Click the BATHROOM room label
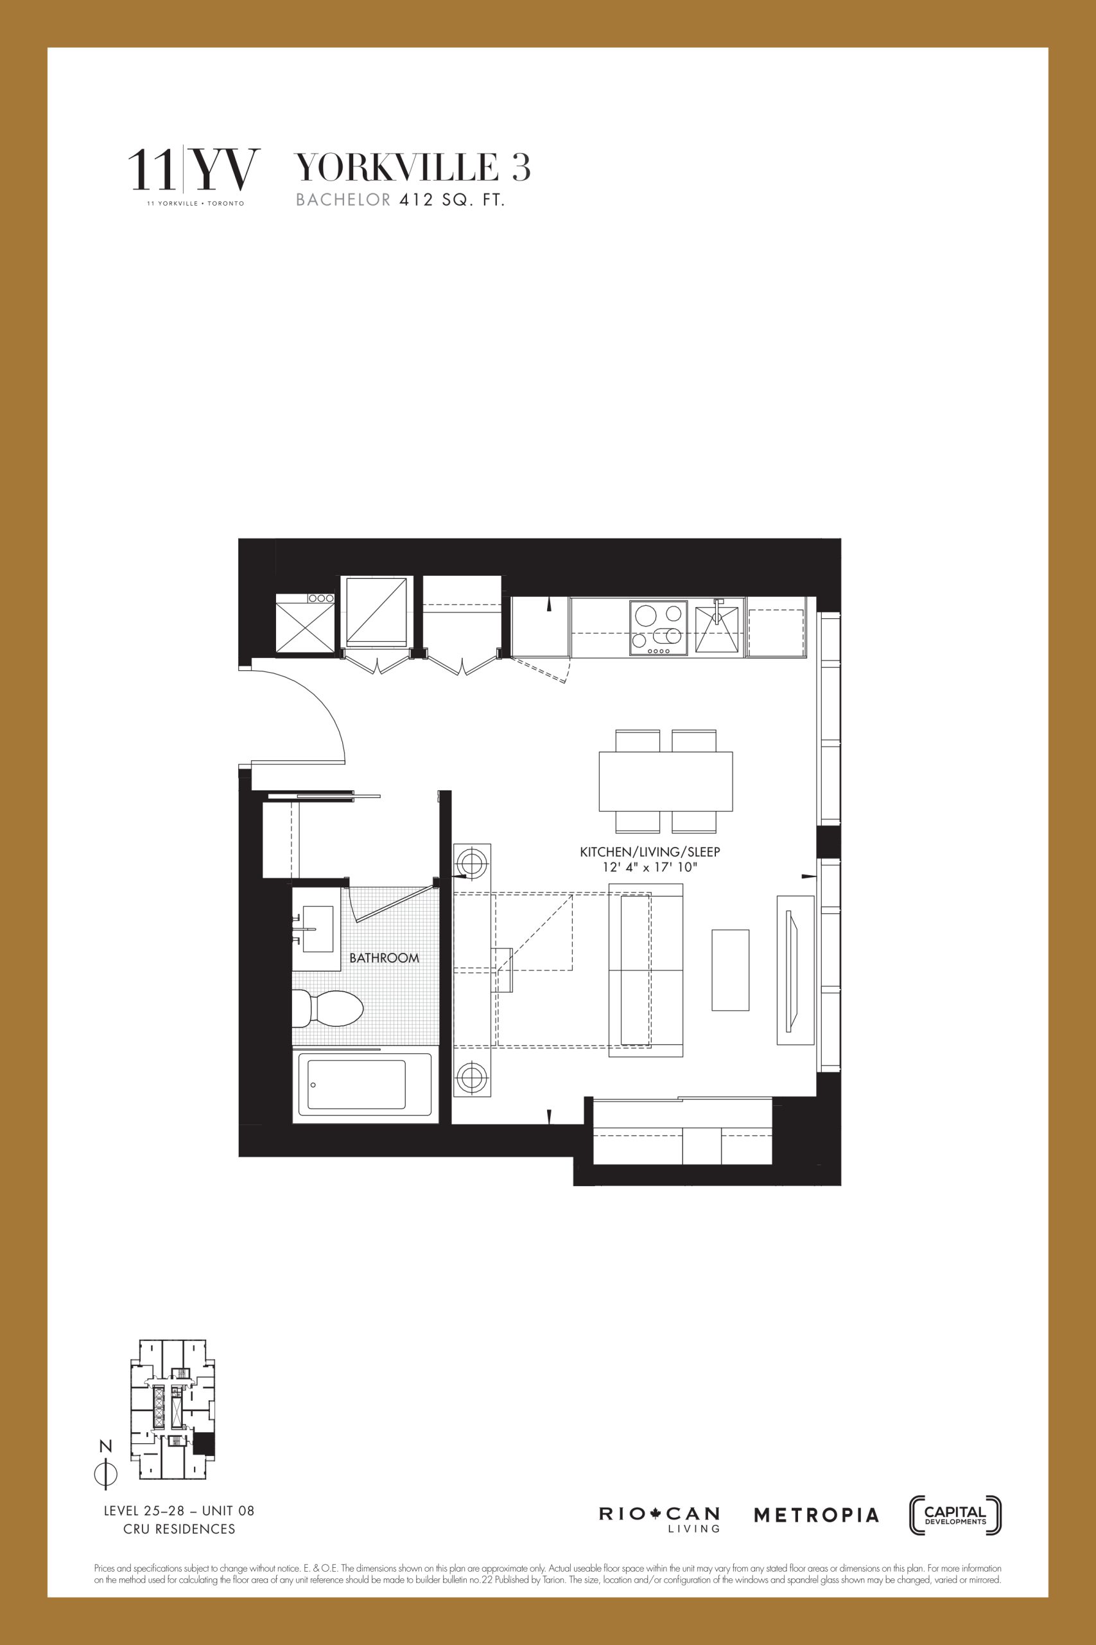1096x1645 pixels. click(x=384, y=957)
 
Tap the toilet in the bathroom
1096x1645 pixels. click(x=329, y=1009)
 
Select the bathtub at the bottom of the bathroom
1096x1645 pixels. click(x=365, y=1085)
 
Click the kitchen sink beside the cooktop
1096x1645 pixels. click(x=717, y=629)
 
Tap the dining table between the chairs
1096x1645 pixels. click(x=665, y=781)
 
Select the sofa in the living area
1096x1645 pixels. click(x=646, y=970)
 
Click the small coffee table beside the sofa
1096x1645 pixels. click(x=731, y=970)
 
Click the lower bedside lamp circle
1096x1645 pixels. click(x=472, y=1078)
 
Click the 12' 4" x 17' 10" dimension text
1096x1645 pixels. click(x=650, y=867)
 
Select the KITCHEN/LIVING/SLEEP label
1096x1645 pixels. click(x=650, y=852)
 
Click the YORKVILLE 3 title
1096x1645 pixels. click(x=413, y=167)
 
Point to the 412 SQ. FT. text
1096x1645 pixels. click(x=451, y=200)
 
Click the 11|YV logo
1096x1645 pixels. click(x=194, y=172)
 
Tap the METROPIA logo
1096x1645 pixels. click(x=815, y=1516)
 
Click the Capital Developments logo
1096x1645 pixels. click(x=955, y=1516)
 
